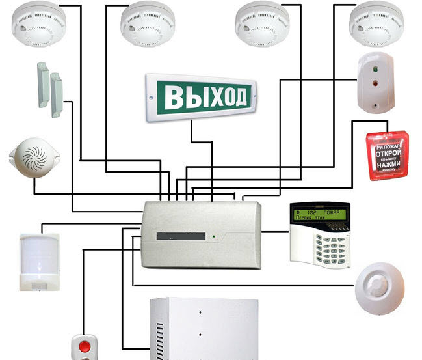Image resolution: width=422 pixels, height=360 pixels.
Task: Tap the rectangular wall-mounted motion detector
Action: click(x=39, y=260)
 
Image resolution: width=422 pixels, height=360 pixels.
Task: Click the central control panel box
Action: click(x=201, y=234)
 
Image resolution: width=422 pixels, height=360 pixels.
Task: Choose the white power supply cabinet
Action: click(x=205, y=329)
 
